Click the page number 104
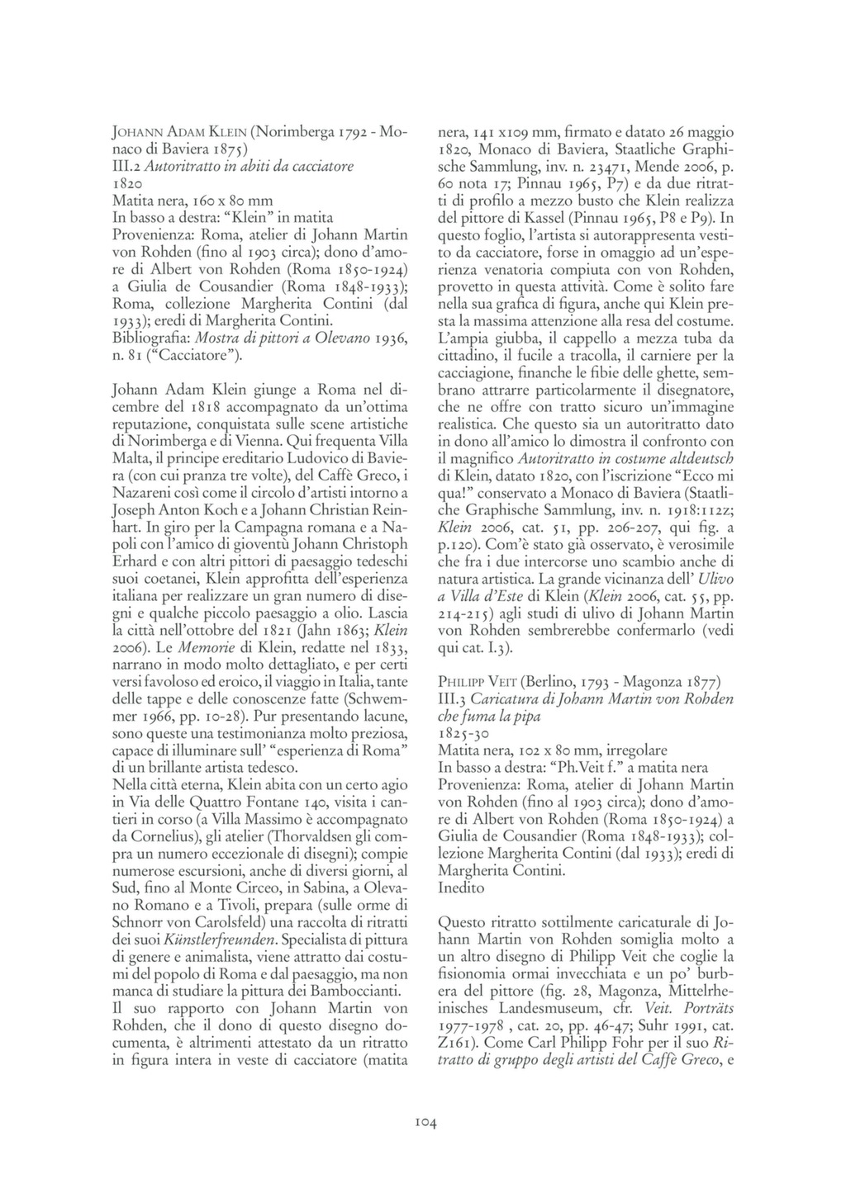[x=425, y=1121]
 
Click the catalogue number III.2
[x=126, y=166]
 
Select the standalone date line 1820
[x=128, y=183]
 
